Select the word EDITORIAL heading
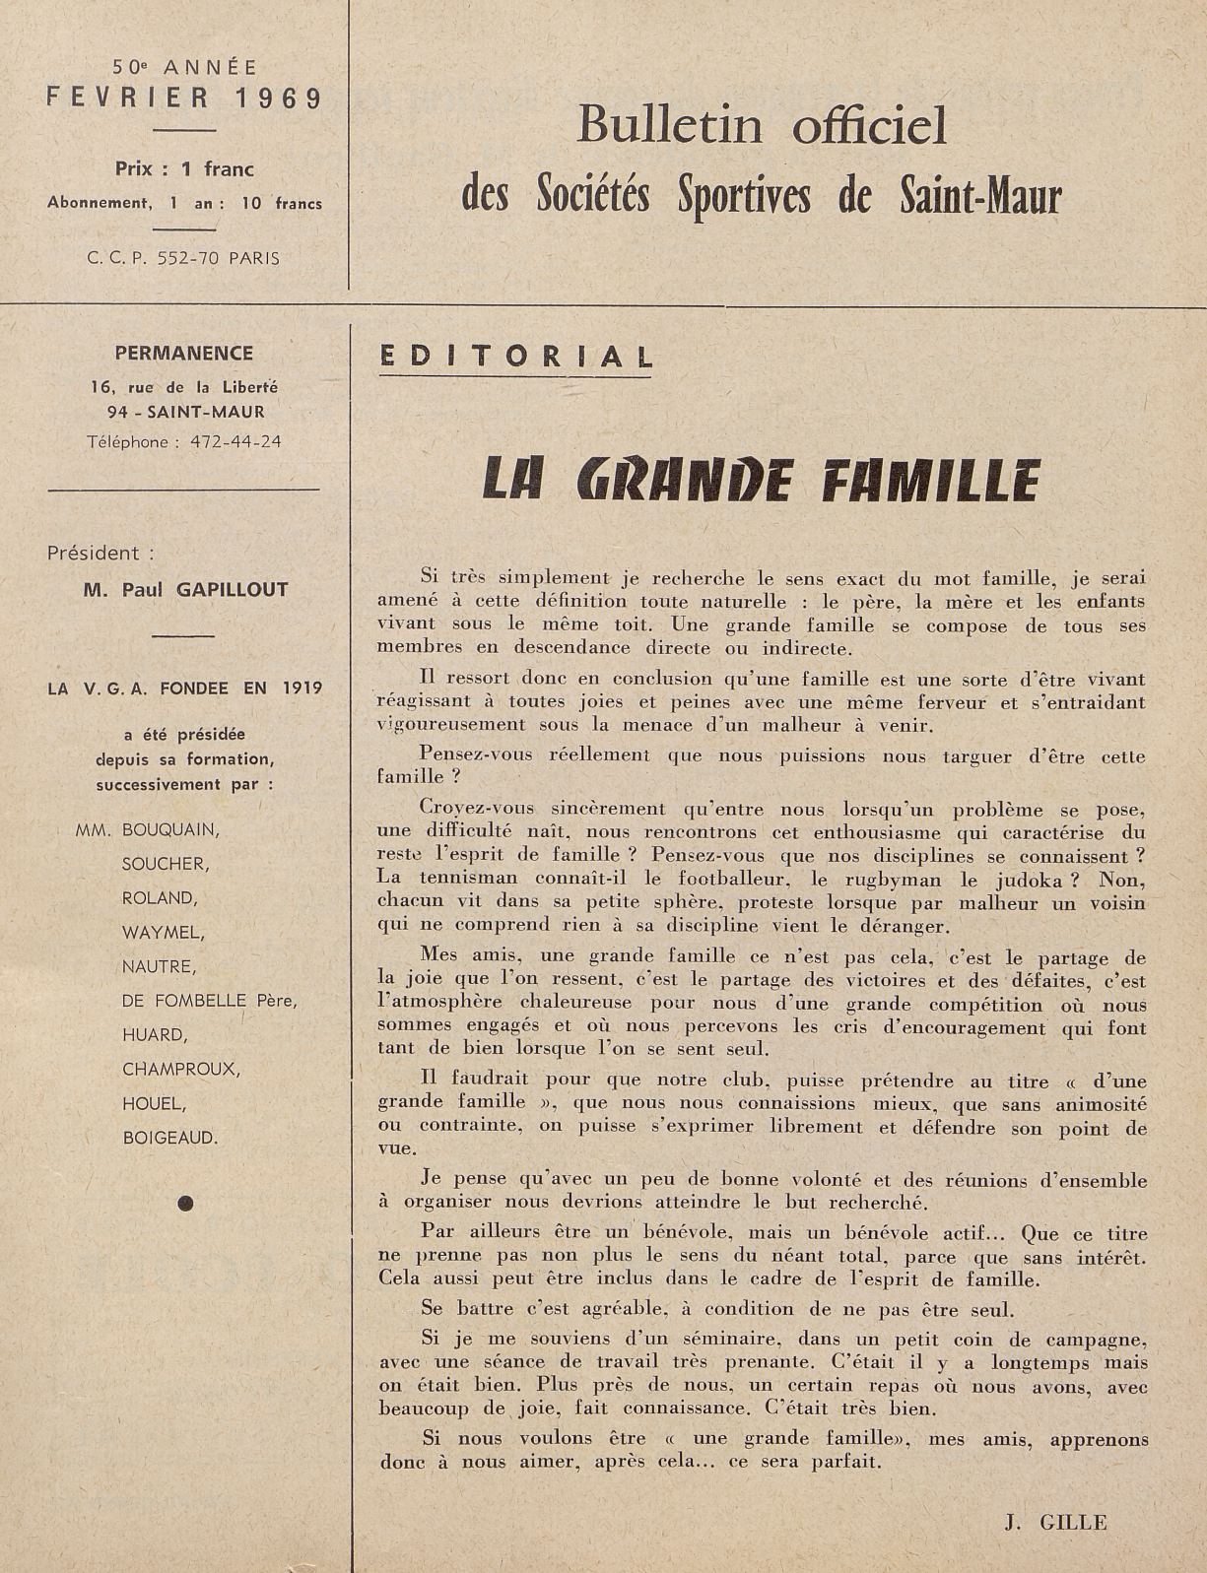516,357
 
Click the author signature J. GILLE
1055,1522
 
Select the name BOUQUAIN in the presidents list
170,829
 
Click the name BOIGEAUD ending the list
169,1138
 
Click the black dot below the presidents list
185,1202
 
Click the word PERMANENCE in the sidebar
184,354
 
